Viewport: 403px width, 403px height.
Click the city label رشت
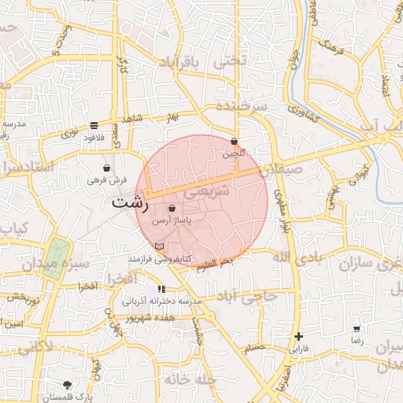pos(130,201)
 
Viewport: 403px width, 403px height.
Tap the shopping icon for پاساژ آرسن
pos(172,208)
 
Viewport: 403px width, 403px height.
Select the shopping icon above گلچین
pos(234,142)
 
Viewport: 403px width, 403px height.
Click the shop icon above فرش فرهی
pos(106,168)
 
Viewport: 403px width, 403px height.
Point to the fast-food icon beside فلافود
pos(94,125)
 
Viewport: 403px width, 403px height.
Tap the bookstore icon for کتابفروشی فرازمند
pos(160,246)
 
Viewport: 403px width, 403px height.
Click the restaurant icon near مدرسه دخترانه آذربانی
pos(161,290)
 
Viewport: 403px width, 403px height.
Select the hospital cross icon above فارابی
pos(298,336)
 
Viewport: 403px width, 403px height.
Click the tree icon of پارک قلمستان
pos(67,386)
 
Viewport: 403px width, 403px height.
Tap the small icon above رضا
pos(357,328)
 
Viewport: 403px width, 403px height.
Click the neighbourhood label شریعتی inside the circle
pos(207,190)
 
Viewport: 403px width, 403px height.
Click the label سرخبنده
pos(242,106)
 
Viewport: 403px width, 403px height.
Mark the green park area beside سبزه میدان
pos(56,252)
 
